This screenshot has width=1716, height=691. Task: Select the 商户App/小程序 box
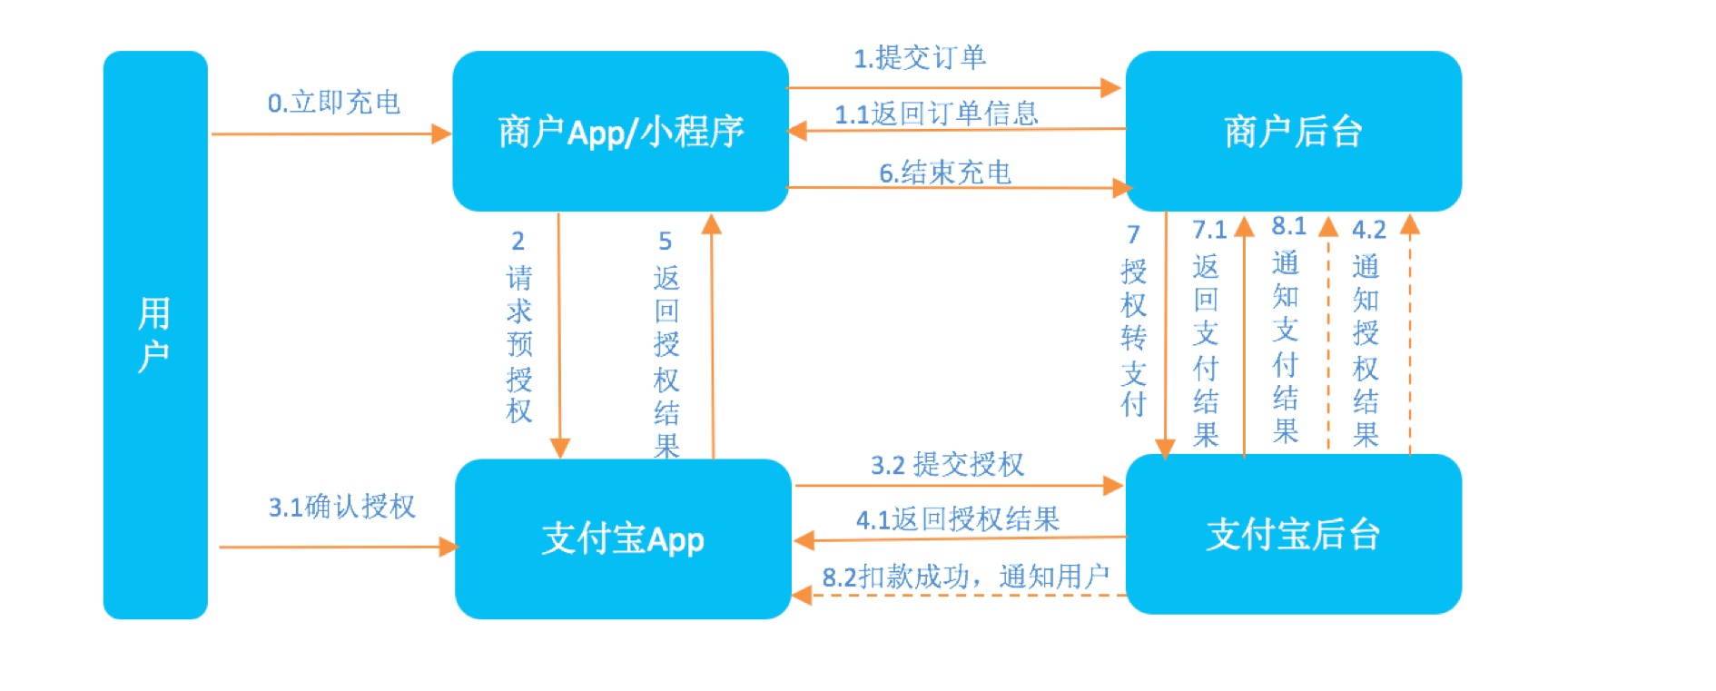(x=620, y=132)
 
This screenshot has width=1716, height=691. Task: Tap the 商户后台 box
(x=1293, y=132)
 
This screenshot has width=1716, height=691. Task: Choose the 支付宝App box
(x=623, y=538)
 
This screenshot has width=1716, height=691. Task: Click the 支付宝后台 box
(x=1293, y=535)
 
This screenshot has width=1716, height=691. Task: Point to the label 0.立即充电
(x=333, y=103)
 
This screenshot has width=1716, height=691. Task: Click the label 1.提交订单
(x=919, y=58)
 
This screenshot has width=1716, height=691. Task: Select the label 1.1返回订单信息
(x=936, y=114)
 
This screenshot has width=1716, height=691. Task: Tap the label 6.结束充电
(x=944, y=173)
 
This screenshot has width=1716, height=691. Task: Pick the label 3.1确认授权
(x=341, y=507)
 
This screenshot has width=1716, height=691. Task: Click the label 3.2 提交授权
(x=947, y=465)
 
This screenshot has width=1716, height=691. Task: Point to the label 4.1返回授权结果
(x=958, y=519)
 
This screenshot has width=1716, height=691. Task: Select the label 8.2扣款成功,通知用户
(x=965, y=577)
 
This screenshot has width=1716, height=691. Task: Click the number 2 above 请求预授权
(x=518, y=242)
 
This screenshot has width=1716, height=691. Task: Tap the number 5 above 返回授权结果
(x=665, y=242)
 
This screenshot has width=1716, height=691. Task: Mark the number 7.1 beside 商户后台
(x=1208, y=230)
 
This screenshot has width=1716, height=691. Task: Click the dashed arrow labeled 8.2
(x=962, y=596)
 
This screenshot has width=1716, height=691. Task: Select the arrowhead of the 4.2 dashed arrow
(x=1409, y=224)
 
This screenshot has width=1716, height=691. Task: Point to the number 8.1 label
(x=1288, y=226)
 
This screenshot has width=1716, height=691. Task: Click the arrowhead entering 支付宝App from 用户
(x=448, y=547)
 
